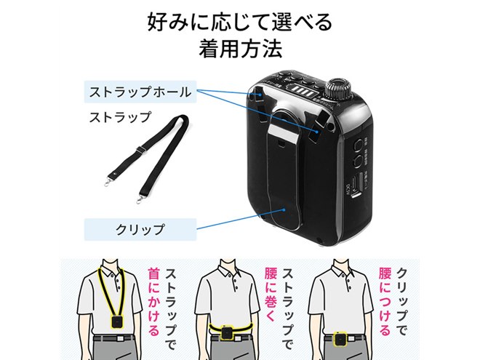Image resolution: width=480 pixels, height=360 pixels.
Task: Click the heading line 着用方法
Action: click(239, 51)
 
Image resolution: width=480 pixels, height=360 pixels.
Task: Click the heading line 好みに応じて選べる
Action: click(239, 20)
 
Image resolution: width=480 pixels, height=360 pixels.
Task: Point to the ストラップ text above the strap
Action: click(120, 116)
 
